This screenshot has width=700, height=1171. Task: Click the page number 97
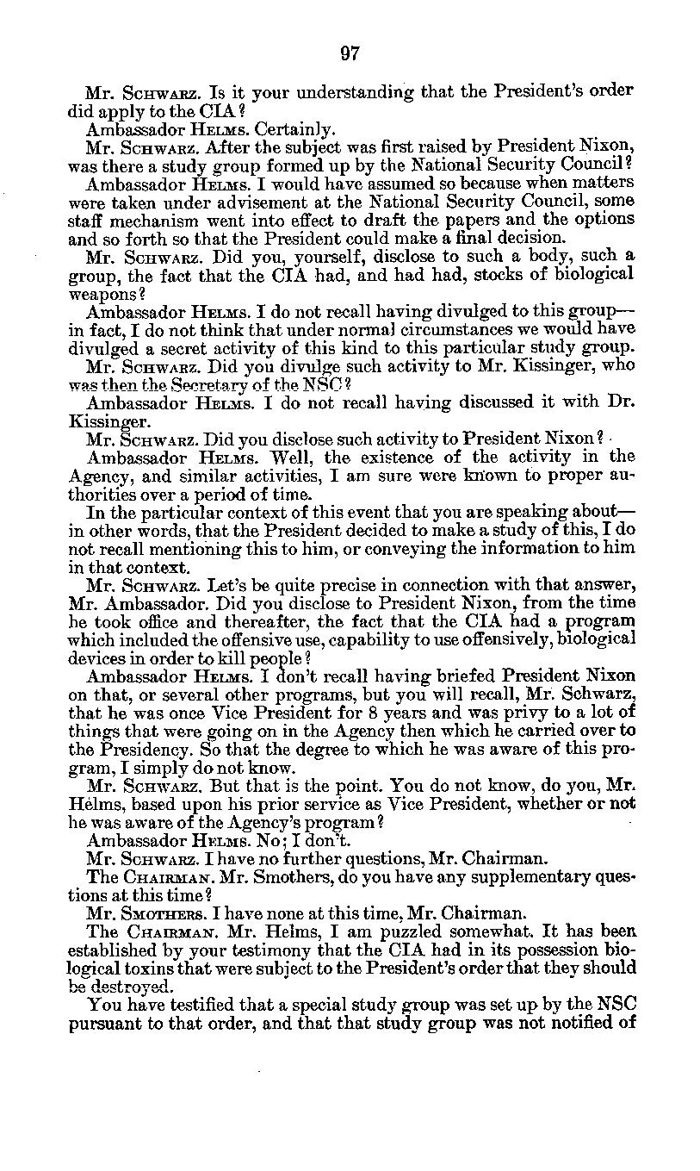click(350, 53)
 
